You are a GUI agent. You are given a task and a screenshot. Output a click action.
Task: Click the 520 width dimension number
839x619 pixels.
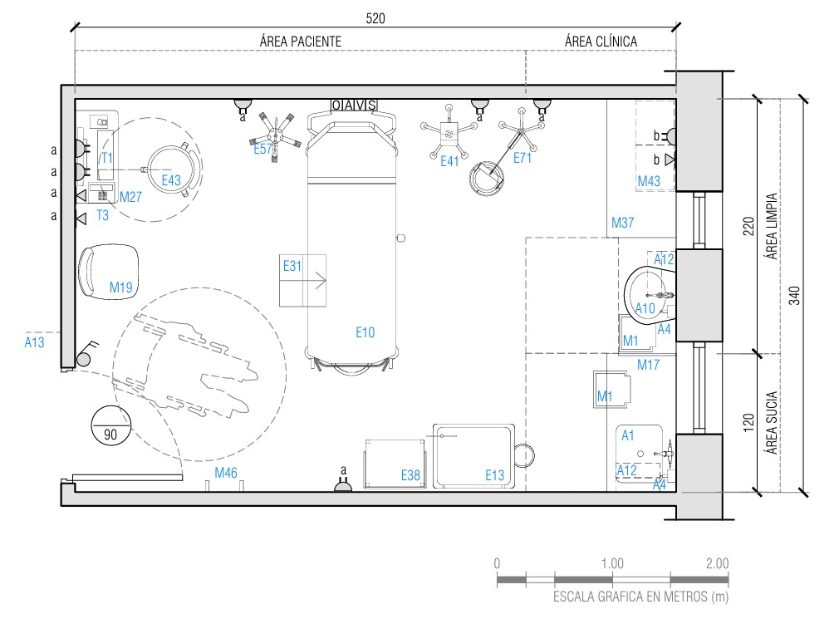pyautogui.click(x=375, y=19)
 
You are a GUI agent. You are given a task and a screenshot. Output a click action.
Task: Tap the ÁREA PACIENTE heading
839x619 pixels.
pyautogui.click(x=301, y=42)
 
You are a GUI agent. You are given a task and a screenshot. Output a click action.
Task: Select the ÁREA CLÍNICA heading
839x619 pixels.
pyautogui.click(x=601, y=42)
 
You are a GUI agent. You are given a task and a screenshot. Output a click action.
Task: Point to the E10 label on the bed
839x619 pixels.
pyautogui.click(x=366, y=333)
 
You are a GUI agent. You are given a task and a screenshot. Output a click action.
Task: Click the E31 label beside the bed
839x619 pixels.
pyautogui.click(x=292, y=266)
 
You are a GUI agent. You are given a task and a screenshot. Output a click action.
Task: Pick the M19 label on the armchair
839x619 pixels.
pyautogui.click(x=121, y=287)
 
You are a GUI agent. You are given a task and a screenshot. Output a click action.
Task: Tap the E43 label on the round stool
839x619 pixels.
pyautogui.click(x=171, y=180)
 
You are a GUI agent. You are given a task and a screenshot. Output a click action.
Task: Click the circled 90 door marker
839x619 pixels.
pyautogui.click(x=110, y=425)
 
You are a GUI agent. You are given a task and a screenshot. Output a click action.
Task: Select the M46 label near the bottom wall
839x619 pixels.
pyautogui.click(x=226, y=473)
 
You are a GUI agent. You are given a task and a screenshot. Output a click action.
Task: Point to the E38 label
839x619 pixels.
pyautogui.click(x=410, y=475)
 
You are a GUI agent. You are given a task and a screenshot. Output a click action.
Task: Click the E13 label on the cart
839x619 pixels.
pyautogui.click(x=494, y=475)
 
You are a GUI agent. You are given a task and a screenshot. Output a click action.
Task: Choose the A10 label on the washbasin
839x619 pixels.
pyautogui.click(x=645, y=308)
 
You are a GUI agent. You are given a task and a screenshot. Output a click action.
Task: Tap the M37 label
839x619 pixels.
pyautogui.click(x=623, y=223)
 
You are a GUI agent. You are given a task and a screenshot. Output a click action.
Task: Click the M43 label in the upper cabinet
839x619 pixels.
pyautogui.click(x=649, y=181)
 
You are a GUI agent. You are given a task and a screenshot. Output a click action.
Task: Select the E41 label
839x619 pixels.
pyautogui.click(x=449, y=161)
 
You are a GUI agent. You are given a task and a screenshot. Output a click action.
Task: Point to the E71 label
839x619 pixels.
pyautogui.click(x=523, y=158)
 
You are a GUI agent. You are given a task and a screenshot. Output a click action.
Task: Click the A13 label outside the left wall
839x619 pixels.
pyautogui.click(x=35, y=342)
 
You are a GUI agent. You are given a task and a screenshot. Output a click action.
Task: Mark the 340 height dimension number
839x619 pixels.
pyautogui.click(x=794, y=295)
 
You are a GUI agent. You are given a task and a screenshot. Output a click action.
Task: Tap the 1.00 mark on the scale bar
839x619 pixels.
pyautogui.click(x=612, y=563)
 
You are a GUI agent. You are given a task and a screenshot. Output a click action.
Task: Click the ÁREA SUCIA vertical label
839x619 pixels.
pyautogui.click(x=771, y=423)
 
